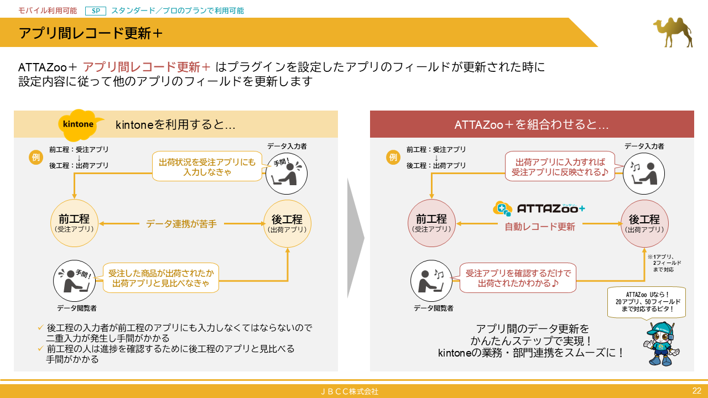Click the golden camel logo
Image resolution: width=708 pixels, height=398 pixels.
672,32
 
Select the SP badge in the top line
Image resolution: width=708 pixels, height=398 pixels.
95,11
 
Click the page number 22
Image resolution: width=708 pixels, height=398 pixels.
696,391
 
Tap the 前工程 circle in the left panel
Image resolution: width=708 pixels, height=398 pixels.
74,223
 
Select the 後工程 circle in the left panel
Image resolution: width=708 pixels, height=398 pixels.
288,223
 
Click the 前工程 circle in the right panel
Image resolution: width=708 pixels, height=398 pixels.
431,223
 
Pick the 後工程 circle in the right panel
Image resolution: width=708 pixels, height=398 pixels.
644,223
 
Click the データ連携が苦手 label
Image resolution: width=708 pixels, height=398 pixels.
181,224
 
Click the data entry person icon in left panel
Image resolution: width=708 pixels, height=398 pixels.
287,173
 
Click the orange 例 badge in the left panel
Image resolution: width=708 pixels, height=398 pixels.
35,157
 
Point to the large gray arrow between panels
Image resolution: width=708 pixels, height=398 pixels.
355,238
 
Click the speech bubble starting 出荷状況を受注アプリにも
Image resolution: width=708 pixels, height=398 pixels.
207,167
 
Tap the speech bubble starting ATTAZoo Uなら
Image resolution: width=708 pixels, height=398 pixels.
647,301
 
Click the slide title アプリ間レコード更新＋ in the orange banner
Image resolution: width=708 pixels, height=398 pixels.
91,33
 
